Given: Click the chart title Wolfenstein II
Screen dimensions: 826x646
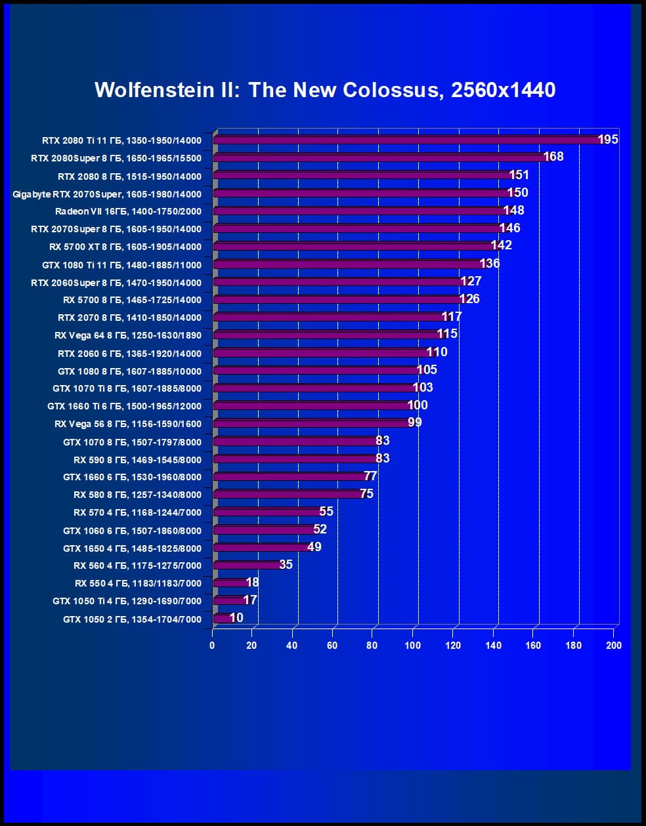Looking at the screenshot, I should coord(325,90).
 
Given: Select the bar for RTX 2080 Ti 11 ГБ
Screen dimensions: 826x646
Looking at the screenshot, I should coord(407,140).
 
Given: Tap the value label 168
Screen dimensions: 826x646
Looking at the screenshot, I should coord(553,157).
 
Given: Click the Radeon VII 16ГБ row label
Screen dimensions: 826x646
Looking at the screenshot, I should coord(128,211).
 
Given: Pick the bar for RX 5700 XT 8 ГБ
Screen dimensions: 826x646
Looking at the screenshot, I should coord(355,247).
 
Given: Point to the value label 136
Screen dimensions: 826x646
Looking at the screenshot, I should coord(490,263).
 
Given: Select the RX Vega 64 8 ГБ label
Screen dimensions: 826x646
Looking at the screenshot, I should coord(128,335).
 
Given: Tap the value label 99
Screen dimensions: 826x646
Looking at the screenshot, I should coord(415,423).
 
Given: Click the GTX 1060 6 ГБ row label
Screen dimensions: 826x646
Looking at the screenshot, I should coord(132,530).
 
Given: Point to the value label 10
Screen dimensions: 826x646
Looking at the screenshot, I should coord(236,617).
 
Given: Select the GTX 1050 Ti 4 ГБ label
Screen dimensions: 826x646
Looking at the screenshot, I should coord(127,601).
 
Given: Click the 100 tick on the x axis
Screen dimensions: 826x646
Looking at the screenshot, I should coord(412,646).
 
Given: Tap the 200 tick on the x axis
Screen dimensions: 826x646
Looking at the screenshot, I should coord(614,646).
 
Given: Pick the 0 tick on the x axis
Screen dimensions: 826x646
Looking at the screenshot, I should coord(212,646).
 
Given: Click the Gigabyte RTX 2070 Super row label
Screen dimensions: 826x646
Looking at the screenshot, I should coord(107,194).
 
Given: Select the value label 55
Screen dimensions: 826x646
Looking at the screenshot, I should coord(326,511).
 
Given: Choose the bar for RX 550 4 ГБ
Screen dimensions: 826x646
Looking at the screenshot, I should coord(230,583).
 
